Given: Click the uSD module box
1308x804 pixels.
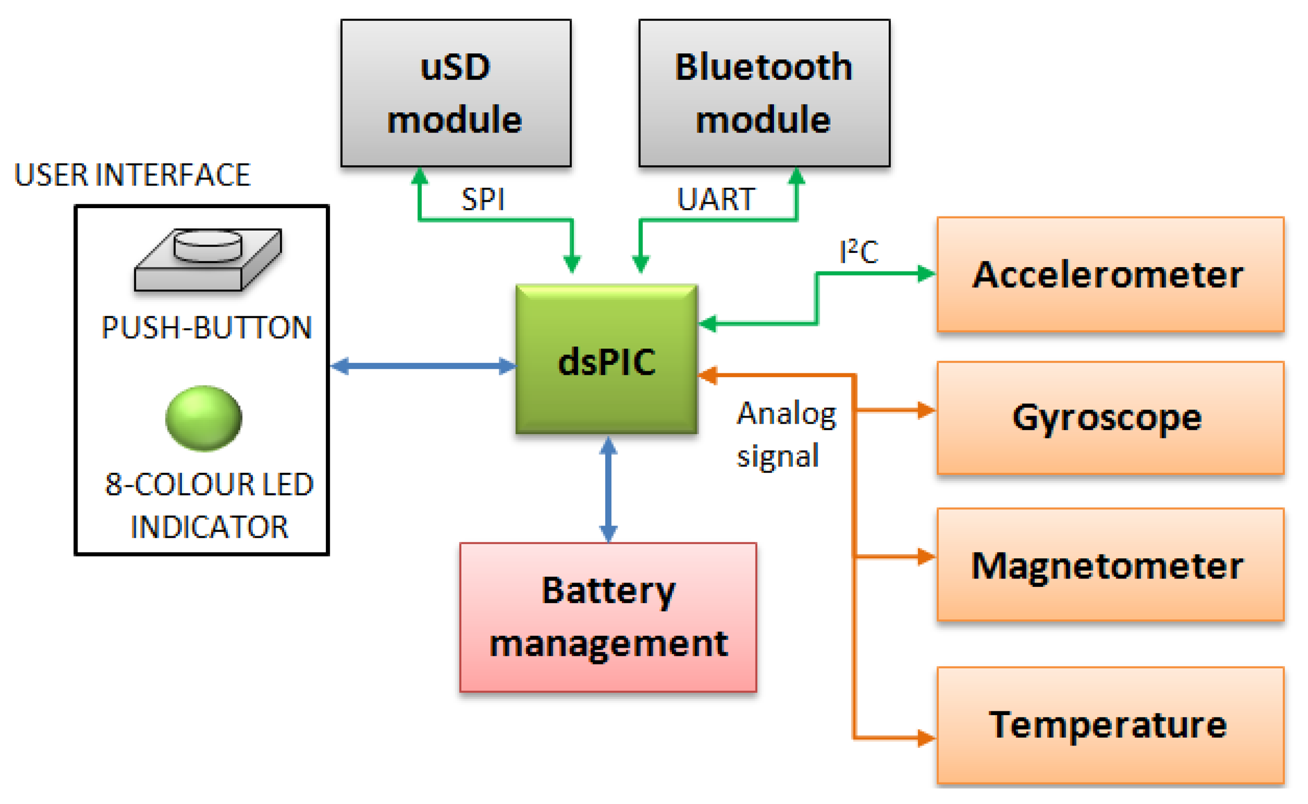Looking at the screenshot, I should pyautogui.click(x=455, y=93).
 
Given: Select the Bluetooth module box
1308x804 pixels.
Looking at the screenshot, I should pyautogui.click(x=764, y=93).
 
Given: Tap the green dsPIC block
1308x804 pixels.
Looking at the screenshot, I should pyautogui.click(x=606, y=360).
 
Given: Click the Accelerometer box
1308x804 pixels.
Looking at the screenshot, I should pyautogui.click(x=1109, y=274).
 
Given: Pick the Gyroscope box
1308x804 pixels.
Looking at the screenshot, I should pyautogui.click(x=1109, y=418).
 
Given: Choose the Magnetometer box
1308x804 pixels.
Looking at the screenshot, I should pyautogui.click(x=1109, y=564).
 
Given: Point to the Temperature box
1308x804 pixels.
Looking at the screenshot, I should pyautogui.click(x=1109, y=725).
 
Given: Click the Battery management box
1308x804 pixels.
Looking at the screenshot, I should pyautogui.click(x=607, y=617).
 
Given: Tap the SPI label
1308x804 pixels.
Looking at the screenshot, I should pyautogui.click(x=483, y=199).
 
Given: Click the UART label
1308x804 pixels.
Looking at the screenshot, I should pyautogui.click(x=716, y=199).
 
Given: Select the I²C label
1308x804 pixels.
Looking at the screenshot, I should pyautogui.click(x=859, y=252).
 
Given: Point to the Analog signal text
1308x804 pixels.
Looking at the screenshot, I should pyautogui.click(x=785, y=435).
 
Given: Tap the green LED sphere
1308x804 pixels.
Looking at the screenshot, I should pyautogui.click(x=203, y=418).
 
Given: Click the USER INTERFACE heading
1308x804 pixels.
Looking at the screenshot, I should pyautogui.click(x=132, y=175).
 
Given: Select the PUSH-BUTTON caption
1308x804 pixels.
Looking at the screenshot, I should pyautogui.click(x=206, y=327).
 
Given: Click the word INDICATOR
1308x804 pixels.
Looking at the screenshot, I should pyautogui.click(x=209, y=527).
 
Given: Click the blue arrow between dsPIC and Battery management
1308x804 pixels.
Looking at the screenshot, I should pyautogui.click(x=607, y=489).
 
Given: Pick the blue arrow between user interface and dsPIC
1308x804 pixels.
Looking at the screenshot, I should pyautogui.click(x=422, y=366).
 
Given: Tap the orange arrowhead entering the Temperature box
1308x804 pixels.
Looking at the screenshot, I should pyautogui.click(x=926, y=738).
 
